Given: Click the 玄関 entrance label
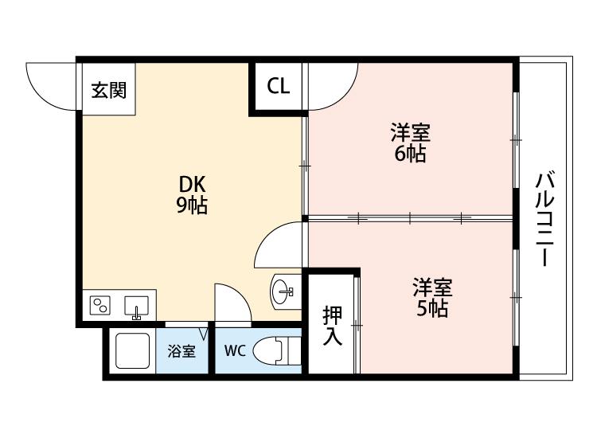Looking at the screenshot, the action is pyautogui.click(x=108, y=90).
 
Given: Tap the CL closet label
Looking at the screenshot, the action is pyautogui.click(x=279, y=86).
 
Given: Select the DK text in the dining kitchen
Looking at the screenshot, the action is pyautogui.click(x=193, y=185).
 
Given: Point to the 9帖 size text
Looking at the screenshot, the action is pyautogui.click(x=192, y=205).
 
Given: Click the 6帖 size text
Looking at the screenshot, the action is pyautogui.click(x=410, y=154).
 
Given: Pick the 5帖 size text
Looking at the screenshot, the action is pyautogui.click(x=432, y=308).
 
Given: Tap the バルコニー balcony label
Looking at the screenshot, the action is pyautogui.click(x=544, y=219).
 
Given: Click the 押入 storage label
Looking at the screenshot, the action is pyautogui.click(x=333, y=326).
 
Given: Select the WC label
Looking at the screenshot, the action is pyautogui.click(x=235, y=350).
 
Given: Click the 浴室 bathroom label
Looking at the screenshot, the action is pyautogui.click(x=181, y=351).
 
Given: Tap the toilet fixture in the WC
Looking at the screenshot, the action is pyautogui.click(x=277, y=350).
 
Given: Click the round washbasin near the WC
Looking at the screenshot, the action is pyautogui.click(x=283, y=292).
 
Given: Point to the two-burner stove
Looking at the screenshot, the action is pyautogui.click(x=100, y=306).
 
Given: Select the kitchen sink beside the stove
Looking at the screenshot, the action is pyautogui.click(x=136, y=307).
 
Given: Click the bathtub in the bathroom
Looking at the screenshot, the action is pyautogui.click(x=132, y=350).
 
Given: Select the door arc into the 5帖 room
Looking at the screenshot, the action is pyautogui.click(x=267, y=236).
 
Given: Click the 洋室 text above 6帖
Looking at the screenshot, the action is pyautogui.click(x=411, y=131).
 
